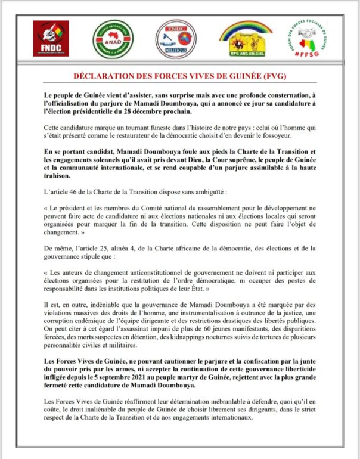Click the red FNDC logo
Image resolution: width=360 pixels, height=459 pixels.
tap(51, 38)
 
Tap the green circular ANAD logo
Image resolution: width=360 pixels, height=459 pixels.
tap(113, 39)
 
